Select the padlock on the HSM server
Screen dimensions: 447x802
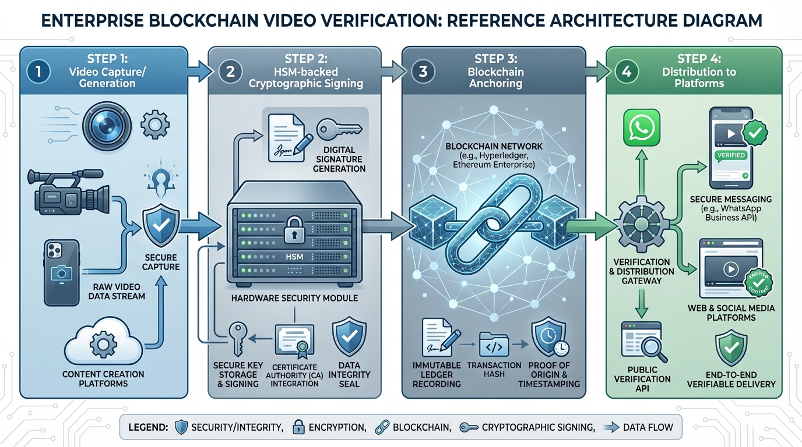(x=291, y=232)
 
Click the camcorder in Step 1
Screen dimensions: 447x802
(x=68, y=191)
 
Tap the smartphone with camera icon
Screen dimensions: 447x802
(x=61, y=272)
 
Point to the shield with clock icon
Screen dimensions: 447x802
(x=548, y=342)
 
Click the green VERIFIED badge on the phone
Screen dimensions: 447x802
(x=730, y=155)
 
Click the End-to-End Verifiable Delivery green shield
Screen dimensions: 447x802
(x=731, y=349)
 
